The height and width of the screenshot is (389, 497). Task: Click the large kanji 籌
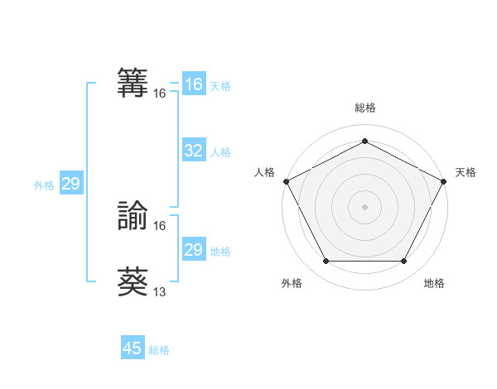[133, 83]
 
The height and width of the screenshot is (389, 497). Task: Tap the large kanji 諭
[133, 214]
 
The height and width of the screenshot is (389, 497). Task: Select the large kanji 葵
[133, 281]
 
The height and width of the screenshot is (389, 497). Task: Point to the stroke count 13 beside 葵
[160, 291]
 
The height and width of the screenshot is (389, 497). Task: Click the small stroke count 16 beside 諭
[160, 225]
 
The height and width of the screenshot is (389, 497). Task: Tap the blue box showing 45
[133, 348]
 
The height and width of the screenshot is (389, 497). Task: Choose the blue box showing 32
[193, 151]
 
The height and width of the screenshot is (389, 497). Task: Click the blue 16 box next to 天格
[193, 84]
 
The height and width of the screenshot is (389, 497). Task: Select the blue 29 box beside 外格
[70, 184]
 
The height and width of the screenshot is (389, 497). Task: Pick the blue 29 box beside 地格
[193, 250]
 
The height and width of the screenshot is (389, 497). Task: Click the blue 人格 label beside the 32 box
[220, 152]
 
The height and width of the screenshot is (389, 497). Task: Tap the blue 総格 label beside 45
[159, 350]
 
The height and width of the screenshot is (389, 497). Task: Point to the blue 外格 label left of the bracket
[44, 185]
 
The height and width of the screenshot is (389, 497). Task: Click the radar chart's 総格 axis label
[365, 108]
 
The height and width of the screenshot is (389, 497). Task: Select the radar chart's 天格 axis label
[466, 172]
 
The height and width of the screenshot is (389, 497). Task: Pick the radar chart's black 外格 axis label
[292, 283]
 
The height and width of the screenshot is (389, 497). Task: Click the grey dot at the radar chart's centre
[365, 206]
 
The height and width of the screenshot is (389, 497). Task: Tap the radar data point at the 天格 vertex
[444, 181]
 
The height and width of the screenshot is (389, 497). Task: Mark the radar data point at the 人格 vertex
[286, 181]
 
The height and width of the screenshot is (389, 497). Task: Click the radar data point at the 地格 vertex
[404, 261]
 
